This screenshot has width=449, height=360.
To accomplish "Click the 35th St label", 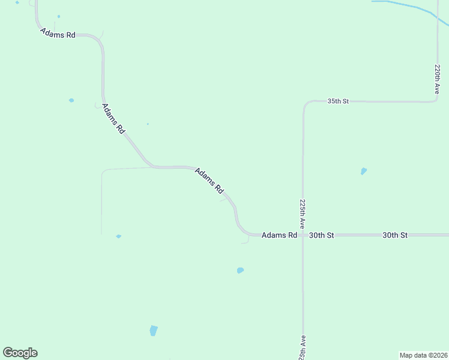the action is click(338, 101).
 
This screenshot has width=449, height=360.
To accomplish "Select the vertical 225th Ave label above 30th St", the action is click(303, 214).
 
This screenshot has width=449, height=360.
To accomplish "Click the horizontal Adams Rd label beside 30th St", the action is click(280, 235).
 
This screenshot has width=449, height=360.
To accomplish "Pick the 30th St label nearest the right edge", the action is click(395, 235).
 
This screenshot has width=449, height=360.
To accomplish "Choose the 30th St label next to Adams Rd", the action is click(321, 235).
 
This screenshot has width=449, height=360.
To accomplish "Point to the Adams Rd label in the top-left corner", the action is click(58, 34).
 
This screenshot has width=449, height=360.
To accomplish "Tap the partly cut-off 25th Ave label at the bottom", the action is click(303, 348).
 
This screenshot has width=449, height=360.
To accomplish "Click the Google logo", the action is click(20, 353).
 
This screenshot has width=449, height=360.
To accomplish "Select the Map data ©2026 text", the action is click(423, 355).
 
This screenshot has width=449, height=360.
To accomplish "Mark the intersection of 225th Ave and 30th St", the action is click(303, 235).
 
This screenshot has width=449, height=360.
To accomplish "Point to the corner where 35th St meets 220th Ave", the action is click(436, 101).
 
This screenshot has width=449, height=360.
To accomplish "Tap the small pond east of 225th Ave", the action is click(364, 171).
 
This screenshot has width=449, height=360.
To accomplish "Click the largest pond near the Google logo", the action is click(153, 330).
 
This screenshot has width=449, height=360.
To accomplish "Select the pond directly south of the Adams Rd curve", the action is click(240, 270).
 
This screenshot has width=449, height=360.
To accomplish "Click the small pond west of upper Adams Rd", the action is click(71, 100).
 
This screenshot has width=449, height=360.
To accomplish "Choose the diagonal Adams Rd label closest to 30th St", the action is click(209, 180).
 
